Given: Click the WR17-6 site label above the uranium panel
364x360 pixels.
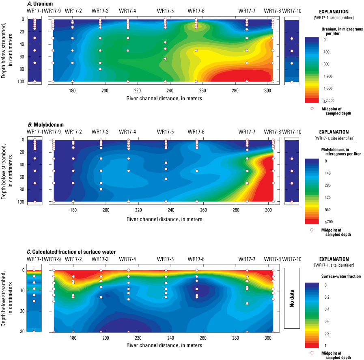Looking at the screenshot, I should tap(196, 10).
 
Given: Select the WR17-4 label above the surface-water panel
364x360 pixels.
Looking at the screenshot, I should tap(128, 259).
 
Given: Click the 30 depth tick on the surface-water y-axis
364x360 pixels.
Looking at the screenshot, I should tap(22, 332).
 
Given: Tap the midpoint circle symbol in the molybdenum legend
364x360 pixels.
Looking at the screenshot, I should tap(312, 230).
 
